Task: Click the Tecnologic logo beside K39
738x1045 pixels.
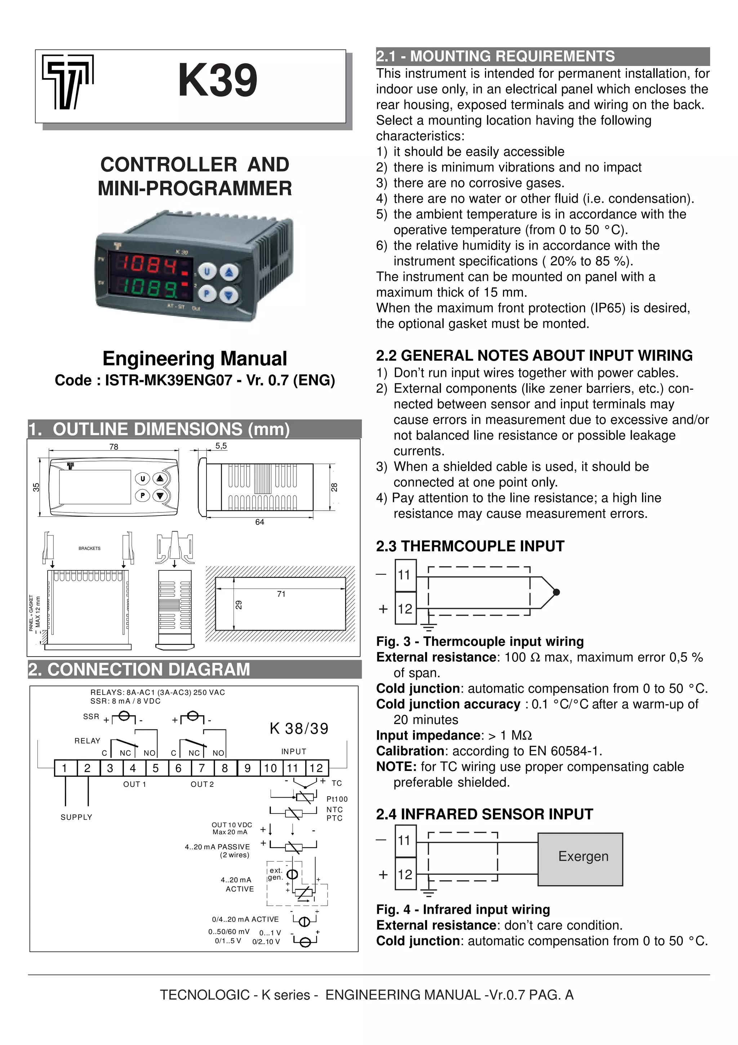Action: pyautogui.click(x=68, y=82)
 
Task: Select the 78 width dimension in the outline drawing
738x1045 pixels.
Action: pyautogui.click(x=114, y=446)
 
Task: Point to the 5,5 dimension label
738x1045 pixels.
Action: pyautogui.click(x=221, y=446)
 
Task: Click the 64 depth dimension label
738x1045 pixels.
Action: pyautogui.click(x=260, y=522)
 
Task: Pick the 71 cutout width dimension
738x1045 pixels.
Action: pyautogui.click(x=281, y=594)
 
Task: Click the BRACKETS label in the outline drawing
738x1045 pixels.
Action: pyautogui.click(x=90, y=548)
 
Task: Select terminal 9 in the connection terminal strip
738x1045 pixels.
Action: pyautogui.click(x=247, y=768)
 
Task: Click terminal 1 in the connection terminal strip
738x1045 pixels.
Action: pyautogui.click(x=65, y=768)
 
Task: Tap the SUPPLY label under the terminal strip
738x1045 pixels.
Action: pyautogui.click(x=76, y=817)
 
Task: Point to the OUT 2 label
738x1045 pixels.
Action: pyautogui.click(x=202, y=784)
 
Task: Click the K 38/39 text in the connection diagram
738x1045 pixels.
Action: pyautogui.click(x=299, y=729)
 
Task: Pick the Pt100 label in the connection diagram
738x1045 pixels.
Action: pyautogui.click(x=337, y=799)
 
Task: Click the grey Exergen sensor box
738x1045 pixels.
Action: pyautogui.click(x=580, y=859)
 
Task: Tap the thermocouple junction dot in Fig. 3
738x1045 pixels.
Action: pyautogui.click(x=556, y=592)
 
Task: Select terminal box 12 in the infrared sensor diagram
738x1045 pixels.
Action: pyautogui.click(x=405, y=874)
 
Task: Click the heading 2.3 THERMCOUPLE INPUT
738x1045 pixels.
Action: pyautogui.click(x=470, y=546)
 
